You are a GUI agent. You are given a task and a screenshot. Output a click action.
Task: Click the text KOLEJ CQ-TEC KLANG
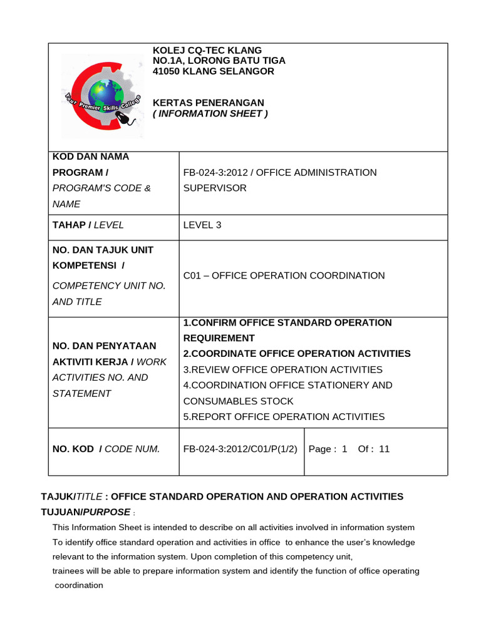click(207, 51)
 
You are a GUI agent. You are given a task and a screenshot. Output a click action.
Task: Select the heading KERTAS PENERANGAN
click(209, 103)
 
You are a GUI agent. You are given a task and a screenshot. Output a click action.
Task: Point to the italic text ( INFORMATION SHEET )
click(210, 113)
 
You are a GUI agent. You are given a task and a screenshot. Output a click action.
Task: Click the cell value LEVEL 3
click(202, 225)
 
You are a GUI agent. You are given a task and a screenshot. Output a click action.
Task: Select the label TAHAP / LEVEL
click(88, 225)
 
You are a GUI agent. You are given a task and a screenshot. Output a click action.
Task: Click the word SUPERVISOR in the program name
click(215, 188)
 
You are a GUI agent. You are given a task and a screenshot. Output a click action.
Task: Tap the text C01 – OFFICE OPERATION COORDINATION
click(284, 275)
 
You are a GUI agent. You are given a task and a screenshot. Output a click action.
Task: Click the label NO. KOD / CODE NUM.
click(106, 449)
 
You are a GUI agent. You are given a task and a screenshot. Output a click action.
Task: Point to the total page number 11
click(385, 449)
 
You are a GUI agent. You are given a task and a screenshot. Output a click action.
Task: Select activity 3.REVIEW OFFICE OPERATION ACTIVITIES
click(282, 369)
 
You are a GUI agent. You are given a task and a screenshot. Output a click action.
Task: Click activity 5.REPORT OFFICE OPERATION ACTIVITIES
click(284, 416)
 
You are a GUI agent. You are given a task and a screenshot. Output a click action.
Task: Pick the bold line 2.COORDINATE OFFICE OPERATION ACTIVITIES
click(297, 354)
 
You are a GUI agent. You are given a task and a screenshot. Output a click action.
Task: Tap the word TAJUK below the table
click(57, 496)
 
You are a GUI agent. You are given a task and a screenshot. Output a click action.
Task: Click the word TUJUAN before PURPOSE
click(58, 512)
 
